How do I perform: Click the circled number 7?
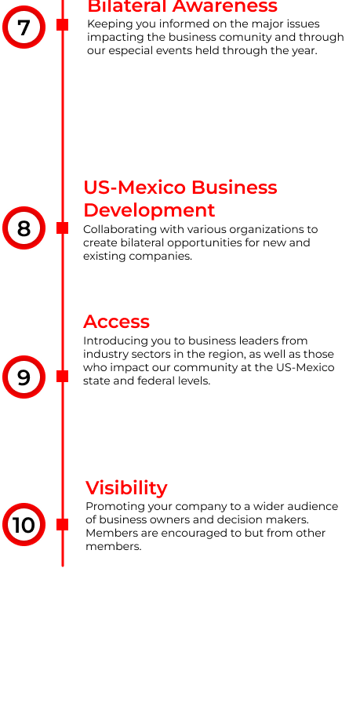pos(24,27)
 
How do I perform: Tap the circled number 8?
pos(24,228)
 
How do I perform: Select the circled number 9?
pos(24,377)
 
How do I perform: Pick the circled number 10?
pos(24,525)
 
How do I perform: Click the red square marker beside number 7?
pos(62,25)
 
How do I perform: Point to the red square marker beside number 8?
pos(62,228)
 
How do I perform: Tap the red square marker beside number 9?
pos(62,376)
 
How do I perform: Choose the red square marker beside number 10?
pos(62,525)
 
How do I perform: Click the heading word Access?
pos(117,322)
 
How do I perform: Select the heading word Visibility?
pos(126,488)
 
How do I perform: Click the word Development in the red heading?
pos(149,210)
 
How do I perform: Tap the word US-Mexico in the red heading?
pos(135,188)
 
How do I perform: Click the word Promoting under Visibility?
pos(106,507)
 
